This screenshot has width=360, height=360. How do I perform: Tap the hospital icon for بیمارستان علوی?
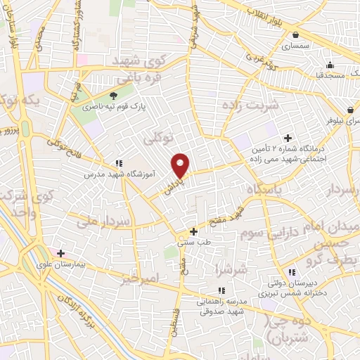[x=61, y=253]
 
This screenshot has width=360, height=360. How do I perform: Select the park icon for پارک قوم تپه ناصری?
[x=114, y=95]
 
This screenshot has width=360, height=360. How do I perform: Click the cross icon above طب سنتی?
[x=194, y=231]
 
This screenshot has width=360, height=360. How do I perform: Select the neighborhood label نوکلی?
[x=158, y=139]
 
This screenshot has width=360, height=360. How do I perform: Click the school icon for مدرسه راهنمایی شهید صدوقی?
[x=221, y=290]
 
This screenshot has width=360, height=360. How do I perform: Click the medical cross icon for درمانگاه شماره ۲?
[x=287, y=139]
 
